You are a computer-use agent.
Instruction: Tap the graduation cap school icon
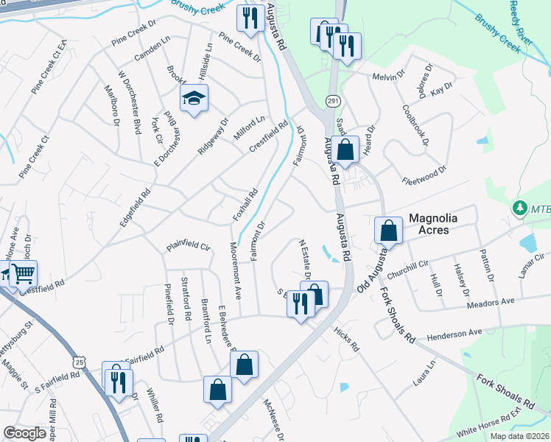(x=194, y=99)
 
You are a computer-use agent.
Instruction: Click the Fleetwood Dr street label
(x=424, y=176)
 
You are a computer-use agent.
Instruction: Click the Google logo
(x=25, y=433)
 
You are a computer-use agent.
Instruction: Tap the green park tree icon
(x=522, y=208)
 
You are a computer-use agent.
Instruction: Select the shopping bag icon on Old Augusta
(x=388, y=231)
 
